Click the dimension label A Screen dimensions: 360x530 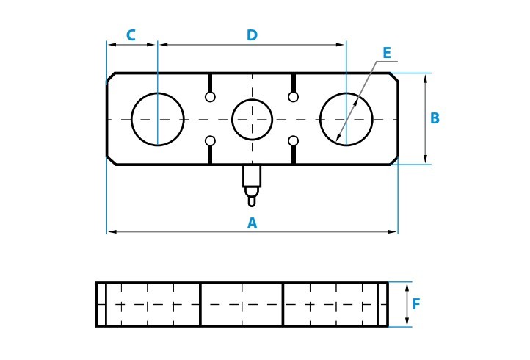click(252, 224)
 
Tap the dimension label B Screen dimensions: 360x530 click(435, 118)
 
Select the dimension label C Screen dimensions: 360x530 click(131, 35)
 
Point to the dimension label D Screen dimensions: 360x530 click(252, 35)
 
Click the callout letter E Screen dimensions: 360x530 click(387, 53)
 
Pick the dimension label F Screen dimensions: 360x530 click(416, 304)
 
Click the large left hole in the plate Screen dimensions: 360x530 click(158, 119)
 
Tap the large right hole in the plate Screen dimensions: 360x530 click(346, 119)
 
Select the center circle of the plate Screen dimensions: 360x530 click(252, 119)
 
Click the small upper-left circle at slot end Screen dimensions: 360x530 click(210, 97)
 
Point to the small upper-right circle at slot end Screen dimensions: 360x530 click(294, 97)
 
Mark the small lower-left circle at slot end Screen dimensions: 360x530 click(210, 141)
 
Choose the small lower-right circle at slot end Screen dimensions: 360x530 click(294, 141)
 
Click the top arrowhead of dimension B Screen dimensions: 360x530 click(425, 77)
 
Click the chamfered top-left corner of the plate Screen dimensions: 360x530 click(111, 77)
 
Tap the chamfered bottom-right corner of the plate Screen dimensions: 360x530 click(394, 160)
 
